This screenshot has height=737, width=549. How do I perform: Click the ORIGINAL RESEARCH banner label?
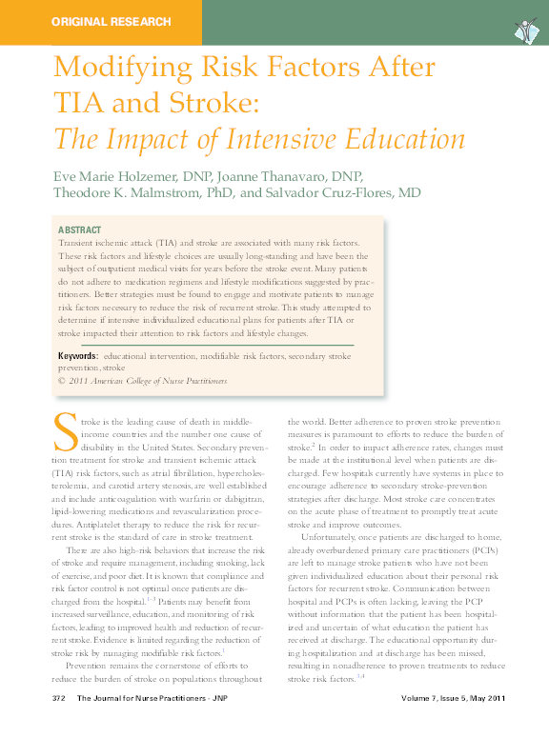tap(111, 21)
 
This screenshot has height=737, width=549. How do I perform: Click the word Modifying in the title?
tap(117, 69)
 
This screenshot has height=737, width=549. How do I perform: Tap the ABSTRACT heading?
tap(81, 230)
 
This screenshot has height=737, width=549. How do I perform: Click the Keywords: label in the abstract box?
tap(84, 355)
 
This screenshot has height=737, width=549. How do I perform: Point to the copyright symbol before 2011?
tap(62, 380)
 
